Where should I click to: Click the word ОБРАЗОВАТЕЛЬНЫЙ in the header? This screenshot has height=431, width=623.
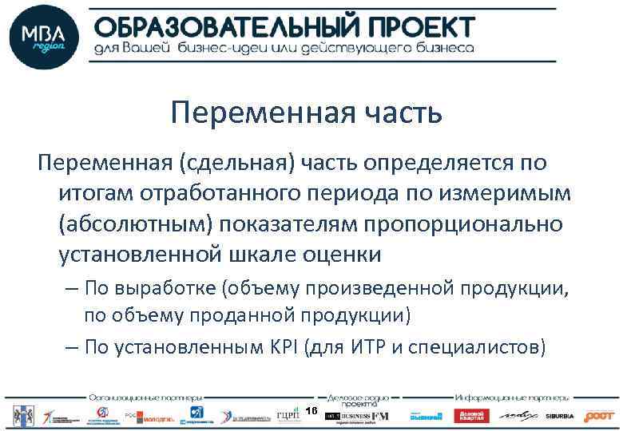(226, 26)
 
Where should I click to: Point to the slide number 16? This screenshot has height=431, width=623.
(311, 410)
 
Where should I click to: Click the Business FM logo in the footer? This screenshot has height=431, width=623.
(359, 415)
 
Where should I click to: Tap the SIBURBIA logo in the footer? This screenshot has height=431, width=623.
(560, 416)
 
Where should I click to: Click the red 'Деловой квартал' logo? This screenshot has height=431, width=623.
(471, 416)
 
